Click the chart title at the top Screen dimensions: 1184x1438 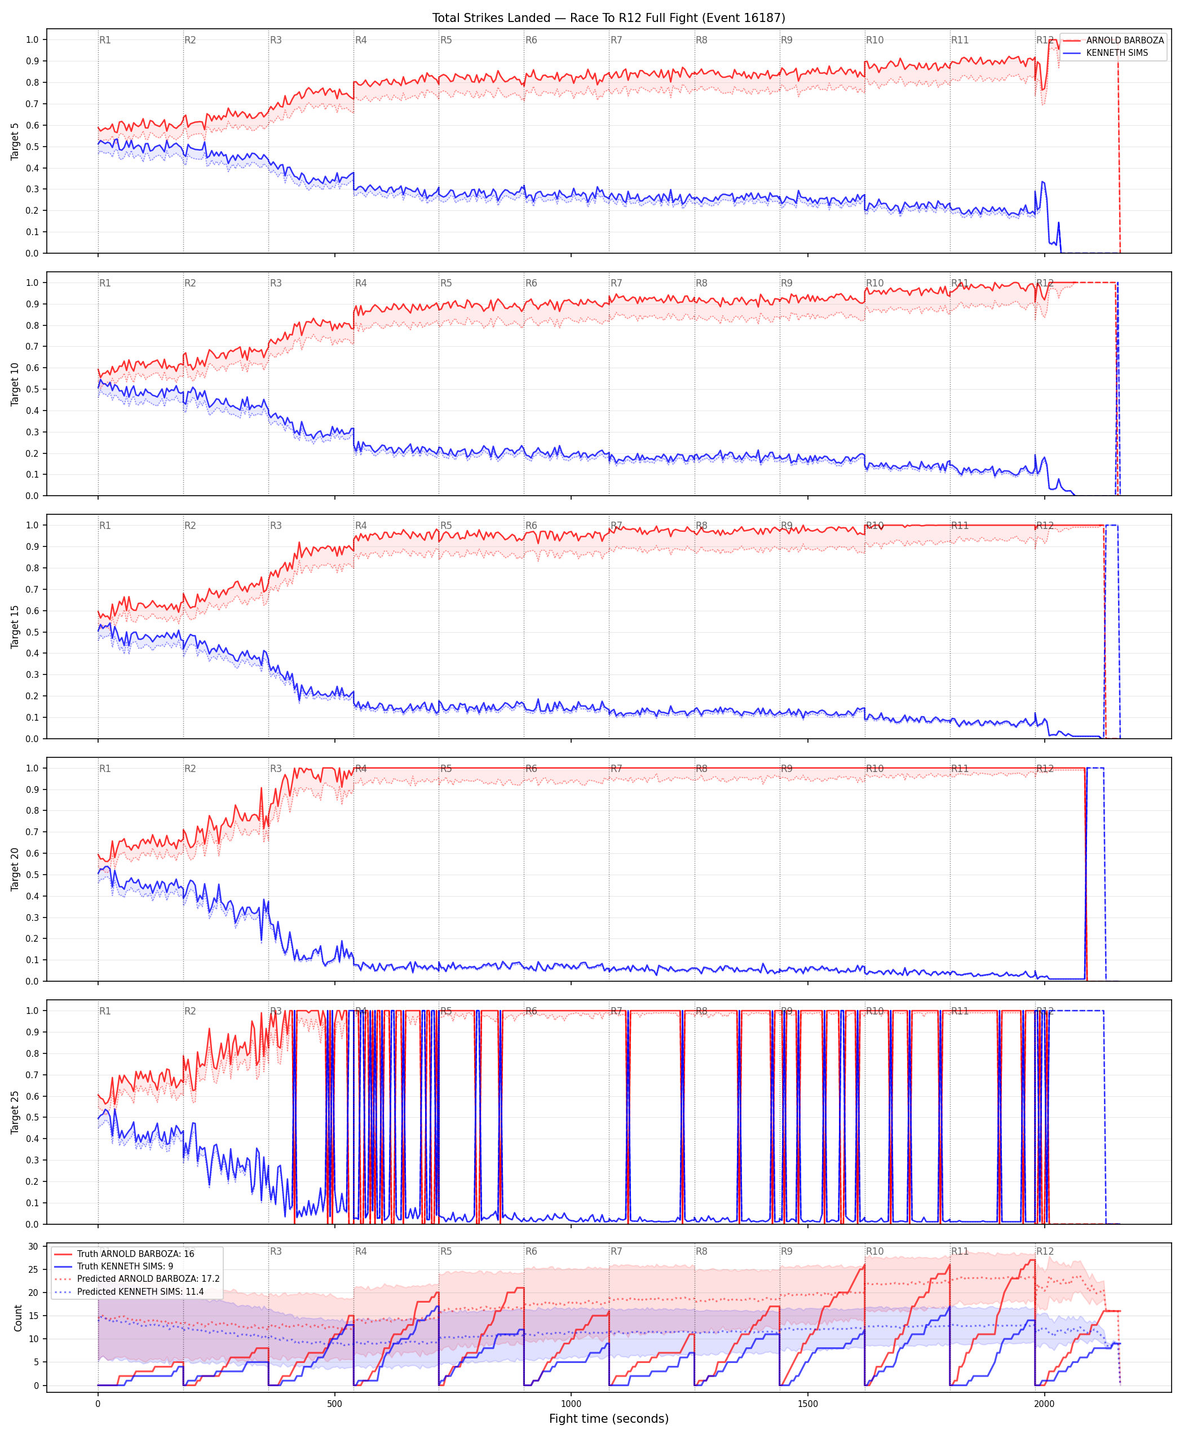click(608, 17)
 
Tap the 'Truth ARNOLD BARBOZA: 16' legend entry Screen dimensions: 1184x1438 click(136, 1254)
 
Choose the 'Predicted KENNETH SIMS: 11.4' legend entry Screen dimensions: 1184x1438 click(140, 1291)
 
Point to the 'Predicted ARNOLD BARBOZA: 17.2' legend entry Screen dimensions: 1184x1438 click(148, 1278)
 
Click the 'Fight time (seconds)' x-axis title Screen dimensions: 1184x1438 click(608, 1419)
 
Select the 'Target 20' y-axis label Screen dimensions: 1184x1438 click(15, 869)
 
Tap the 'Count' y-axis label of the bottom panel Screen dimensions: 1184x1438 click(17, 1318)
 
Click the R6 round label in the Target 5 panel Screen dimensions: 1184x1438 click(531, 40)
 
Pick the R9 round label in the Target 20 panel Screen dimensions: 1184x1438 click(787, 769)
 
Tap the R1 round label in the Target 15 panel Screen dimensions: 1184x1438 click(105, 526)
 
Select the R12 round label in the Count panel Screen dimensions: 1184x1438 click(1045, 1252)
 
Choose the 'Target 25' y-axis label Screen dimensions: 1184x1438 click(15, 1112)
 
